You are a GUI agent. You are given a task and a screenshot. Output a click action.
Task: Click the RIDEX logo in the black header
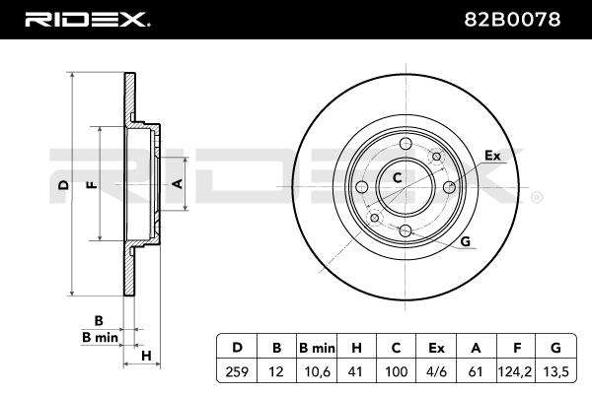click(88, 19)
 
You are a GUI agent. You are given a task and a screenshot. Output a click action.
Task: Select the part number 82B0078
click(512, 20)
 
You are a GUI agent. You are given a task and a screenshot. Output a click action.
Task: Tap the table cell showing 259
click(237, 372)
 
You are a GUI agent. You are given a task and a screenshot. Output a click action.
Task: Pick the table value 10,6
click(317, 372)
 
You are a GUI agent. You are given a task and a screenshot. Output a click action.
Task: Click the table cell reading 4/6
click(436, 372)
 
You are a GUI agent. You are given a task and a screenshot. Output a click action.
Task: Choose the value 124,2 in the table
click(515, 372)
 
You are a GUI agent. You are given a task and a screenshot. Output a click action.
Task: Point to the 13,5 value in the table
click(556, 372)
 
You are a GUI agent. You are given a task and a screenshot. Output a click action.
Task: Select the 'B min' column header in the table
click(317, 348)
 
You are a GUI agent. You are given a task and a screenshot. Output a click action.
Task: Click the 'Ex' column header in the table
click(436, 348)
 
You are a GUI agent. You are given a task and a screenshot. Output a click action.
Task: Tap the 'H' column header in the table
click(356, 348)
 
